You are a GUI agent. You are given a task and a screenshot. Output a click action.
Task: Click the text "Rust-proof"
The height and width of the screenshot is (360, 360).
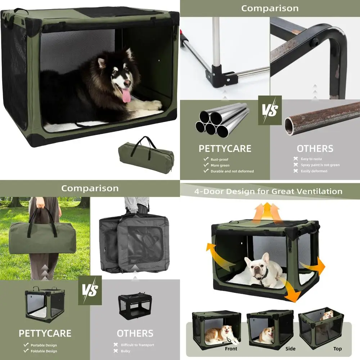coord(219,159)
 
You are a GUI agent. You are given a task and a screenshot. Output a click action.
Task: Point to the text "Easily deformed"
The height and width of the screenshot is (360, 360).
coord(314,171)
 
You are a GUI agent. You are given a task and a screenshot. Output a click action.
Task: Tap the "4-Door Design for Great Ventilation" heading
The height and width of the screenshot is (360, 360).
coord(268,191)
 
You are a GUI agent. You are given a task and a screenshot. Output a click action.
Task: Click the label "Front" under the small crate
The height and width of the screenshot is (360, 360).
coord(231,348)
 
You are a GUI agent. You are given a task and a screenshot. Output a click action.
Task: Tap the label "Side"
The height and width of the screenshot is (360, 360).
coord(290,348)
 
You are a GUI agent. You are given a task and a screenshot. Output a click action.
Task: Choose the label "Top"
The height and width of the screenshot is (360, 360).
coord(337,348)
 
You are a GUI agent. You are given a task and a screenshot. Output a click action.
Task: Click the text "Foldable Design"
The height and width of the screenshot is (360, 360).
coord(44,351)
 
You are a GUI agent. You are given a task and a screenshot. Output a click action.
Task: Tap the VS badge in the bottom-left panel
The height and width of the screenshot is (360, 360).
coord(90,290)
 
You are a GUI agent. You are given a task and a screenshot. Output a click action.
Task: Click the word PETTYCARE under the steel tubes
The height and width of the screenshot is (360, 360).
coord(225,148)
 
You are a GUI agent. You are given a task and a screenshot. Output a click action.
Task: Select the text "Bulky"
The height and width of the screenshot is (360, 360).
coord(126,351)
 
